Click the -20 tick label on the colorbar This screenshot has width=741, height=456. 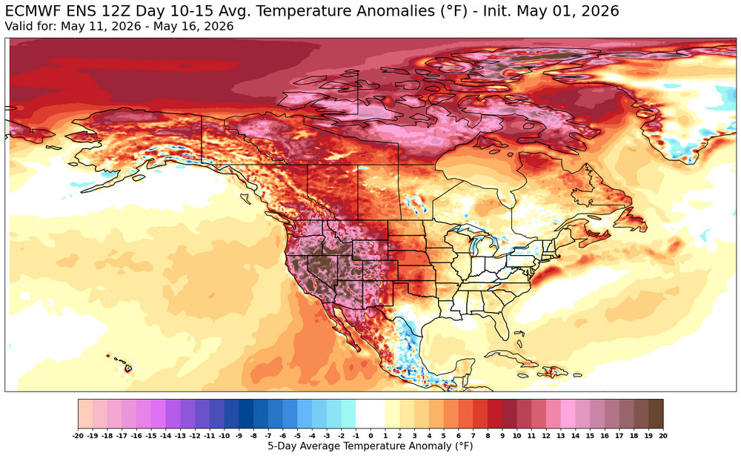click(79, 436)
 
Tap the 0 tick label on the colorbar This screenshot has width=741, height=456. click(370, 436)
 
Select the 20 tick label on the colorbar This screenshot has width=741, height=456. click(663, 436)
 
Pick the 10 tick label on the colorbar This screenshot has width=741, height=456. click(516, 436)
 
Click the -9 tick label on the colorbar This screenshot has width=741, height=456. click(239, 436)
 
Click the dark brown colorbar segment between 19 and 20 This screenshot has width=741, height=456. click(656, 414)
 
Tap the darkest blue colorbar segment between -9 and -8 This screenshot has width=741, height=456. click(246, 414)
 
